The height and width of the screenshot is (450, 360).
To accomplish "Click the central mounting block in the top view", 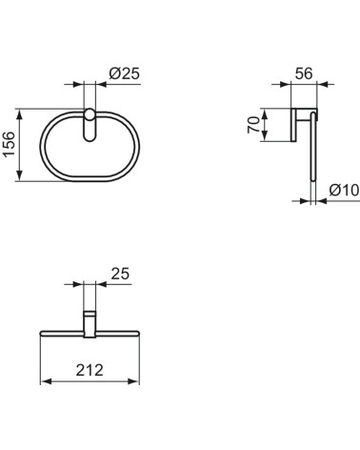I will click(x=90, y=324).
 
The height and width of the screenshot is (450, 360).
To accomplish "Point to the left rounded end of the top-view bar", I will click(x=42, y=334).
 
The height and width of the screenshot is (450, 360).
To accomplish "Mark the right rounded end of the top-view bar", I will click(x=137, y=334).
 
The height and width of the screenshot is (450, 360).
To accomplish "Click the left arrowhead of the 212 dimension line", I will click(x=43, y=381).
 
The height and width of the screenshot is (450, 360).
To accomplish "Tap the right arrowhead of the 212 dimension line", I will click(x=136, y=381).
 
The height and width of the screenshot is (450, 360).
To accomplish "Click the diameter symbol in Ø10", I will click(x=334, y=191).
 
